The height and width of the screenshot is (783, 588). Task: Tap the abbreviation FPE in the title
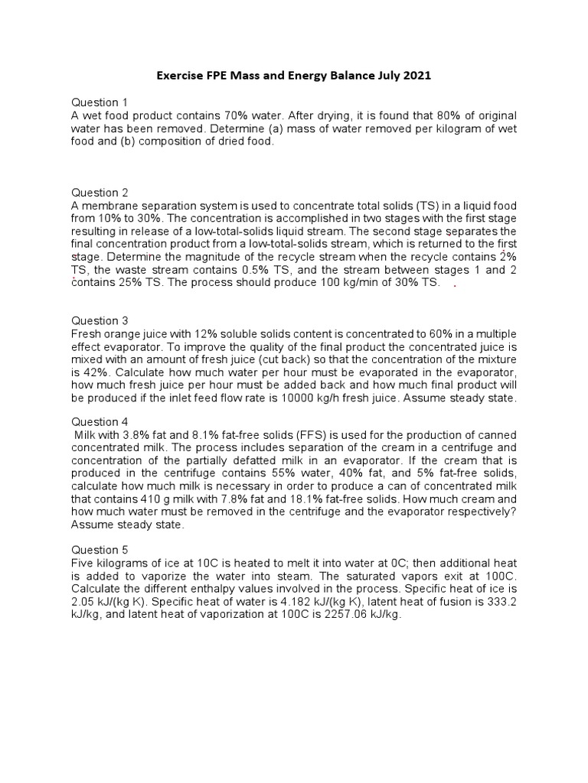[x=217, y=76]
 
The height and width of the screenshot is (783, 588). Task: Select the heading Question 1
[x=100, y=102]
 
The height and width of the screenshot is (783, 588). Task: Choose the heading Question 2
[x=100, y=193]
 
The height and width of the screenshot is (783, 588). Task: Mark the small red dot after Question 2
[x=456, y=285]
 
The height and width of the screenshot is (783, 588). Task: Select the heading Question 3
[x=100, y=320]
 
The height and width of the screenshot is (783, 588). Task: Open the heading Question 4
[x=100, y=421]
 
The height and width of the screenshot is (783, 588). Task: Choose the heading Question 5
[x=100, y=550]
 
